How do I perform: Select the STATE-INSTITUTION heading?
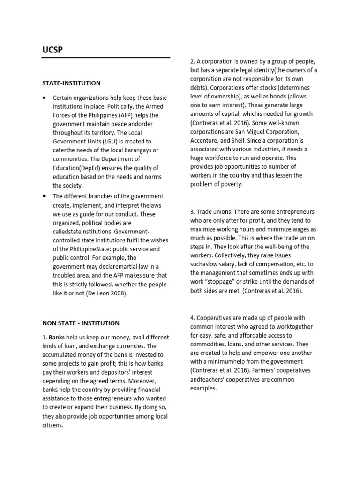point(71,83)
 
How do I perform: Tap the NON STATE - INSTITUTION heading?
point(81,323)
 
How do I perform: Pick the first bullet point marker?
point(44,98)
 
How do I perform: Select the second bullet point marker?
point(44,196)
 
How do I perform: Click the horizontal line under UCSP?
point(106,58)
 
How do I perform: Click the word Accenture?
point(206,140)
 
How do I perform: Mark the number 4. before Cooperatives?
point(193,318)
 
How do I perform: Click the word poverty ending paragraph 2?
point(230,184)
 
